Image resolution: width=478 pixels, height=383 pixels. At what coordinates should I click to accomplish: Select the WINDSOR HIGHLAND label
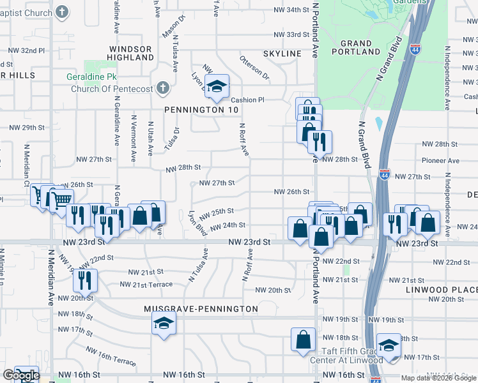pyautogui.click(x=130, y=53)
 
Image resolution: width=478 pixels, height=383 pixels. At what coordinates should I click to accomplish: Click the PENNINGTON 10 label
pyautogui.click(x=201, y=110)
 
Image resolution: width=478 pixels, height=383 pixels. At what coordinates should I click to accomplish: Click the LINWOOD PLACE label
pyautogui.click(x=442, y=290)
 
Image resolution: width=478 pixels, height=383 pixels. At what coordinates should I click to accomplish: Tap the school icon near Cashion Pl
pyautogui.click(x=217, y=87)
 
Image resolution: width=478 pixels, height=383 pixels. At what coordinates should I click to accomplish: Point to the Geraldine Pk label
pyautogui.click(x=90, y=77)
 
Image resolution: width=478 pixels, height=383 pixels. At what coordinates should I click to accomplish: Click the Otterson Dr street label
pyautogui.click(x=254, y=68)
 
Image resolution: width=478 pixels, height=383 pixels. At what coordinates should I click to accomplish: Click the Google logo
pyautogui.click(x=20, y=375)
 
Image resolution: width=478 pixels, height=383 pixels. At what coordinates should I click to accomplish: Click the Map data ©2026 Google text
pyautogui.click(x=438, y=378)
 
